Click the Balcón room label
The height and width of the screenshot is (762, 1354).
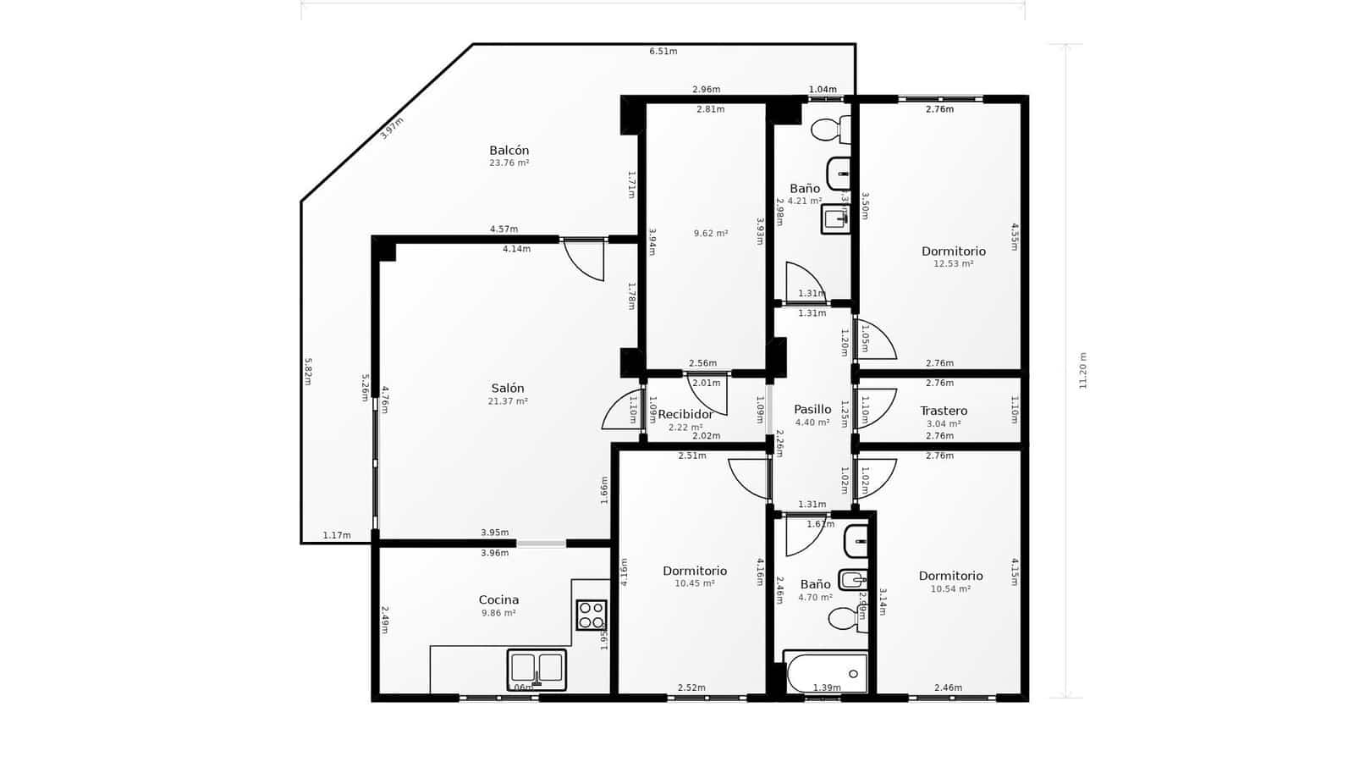509,151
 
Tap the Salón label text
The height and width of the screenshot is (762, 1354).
508,389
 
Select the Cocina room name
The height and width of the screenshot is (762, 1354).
498,599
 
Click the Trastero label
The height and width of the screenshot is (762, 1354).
944,411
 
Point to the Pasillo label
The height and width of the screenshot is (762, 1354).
812,409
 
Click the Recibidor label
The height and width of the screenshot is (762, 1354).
685,414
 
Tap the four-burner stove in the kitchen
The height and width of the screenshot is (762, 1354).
592,615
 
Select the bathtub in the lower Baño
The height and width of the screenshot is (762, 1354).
826,674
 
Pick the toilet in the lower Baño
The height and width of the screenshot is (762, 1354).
844,619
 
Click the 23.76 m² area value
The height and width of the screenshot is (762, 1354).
509,163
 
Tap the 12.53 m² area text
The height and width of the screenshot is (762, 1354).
953,264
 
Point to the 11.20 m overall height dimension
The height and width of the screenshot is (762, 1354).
1083,371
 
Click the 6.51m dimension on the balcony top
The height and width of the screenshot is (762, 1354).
663,52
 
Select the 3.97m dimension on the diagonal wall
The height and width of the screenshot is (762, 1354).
392,128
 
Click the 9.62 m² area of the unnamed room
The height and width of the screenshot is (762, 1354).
710,234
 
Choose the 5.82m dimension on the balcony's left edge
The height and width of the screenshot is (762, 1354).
308,371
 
